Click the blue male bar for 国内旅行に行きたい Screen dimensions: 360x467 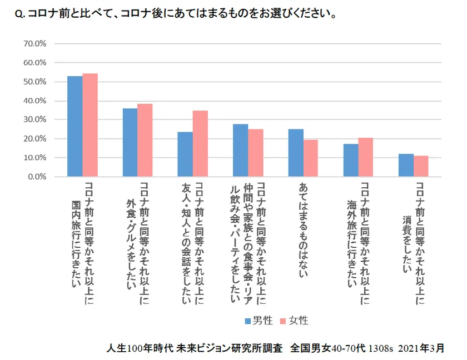pos(75,127)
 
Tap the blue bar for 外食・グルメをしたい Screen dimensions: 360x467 pos(130,143)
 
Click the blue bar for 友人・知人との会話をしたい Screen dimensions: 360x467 pos(185,154)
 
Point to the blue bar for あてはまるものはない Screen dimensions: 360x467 pos(296,153)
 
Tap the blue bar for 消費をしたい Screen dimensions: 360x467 pos(406,166)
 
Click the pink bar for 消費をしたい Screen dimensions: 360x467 pos(421,166)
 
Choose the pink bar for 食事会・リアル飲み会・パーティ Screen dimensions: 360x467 pos(256,153)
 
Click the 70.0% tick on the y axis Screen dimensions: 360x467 pos(35,43)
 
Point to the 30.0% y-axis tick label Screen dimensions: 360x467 pos(35,119)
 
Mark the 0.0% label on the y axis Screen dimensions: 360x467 pos(37,177)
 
